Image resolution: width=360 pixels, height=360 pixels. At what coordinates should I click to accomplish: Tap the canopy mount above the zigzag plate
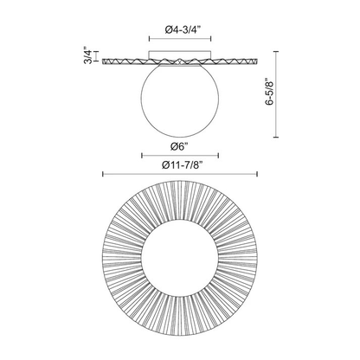click(180, 54)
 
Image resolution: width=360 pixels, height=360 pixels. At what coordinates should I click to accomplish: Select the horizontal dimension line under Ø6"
click(180, 156)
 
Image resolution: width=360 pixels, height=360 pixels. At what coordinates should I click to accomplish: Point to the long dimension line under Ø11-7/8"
click(180, 174)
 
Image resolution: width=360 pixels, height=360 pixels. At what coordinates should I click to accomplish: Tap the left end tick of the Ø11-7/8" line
click(103, 174)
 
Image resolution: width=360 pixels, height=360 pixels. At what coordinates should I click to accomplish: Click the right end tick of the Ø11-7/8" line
click(257, 174)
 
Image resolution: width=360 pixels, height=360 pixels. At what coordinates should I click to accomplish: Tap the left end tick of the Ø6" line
click(142, 156)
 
